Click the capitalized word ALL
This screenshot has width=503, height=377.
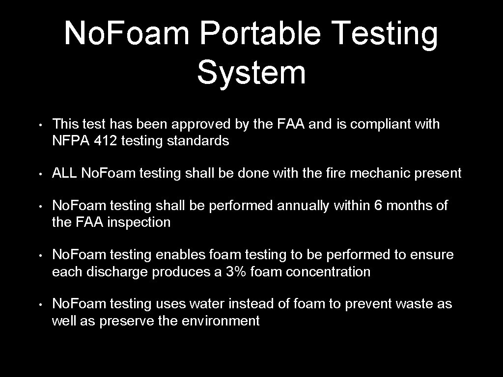(x=65, y=173)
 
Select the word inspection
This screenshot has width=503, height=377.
(x=139, y=222)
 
